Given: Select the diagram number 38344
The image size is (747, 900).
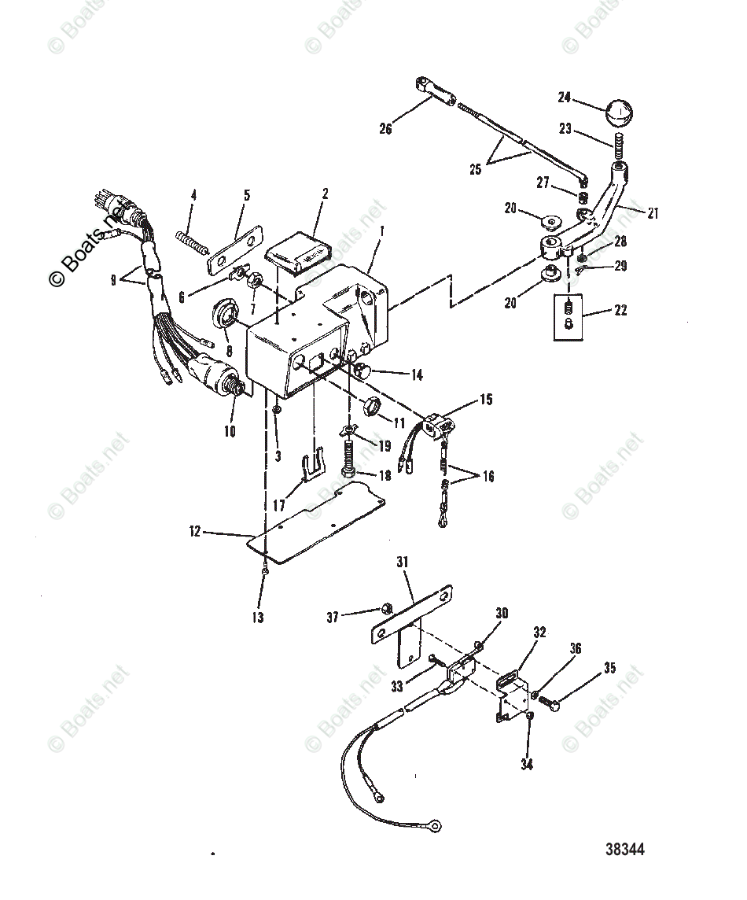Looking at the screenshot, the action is click(x=625, y=850).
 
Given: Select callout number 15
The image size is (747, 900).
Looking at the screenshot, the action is click(x=486, y=400).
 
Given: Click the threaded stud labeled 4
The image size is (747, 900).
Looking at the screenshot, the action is click(x=193, y=238).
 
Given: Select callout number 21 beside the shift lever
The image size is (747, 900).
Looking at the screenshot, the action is click(x=653, y=212).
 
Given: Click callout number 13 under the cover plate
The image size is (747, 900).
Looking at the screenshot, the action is click(x=258, y=618).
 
